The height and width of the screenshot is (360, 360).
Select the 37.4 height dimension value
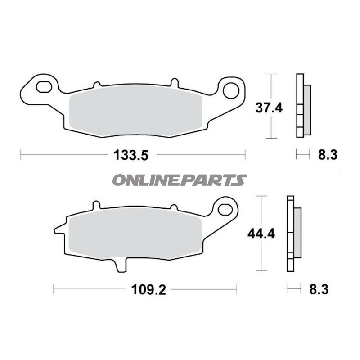pos(269,108)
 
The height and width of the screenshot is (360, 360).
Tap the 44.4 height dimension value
pos(261,234)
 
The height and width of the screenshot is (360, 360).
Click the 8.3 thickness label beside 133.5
pos(328,155)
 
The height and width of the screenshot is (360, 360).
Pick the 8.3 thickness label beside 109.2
pos(319,290)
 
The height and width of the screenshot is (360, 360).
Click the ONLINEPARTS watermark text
pos(179,180)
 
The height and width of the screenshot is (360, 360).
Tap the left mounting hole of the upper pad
pos(44,86)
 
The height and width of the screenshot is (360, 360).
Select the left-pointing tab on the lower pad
pos(58,230)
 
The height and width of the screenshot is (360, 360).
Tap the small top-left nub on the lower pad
pos(95,205)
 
